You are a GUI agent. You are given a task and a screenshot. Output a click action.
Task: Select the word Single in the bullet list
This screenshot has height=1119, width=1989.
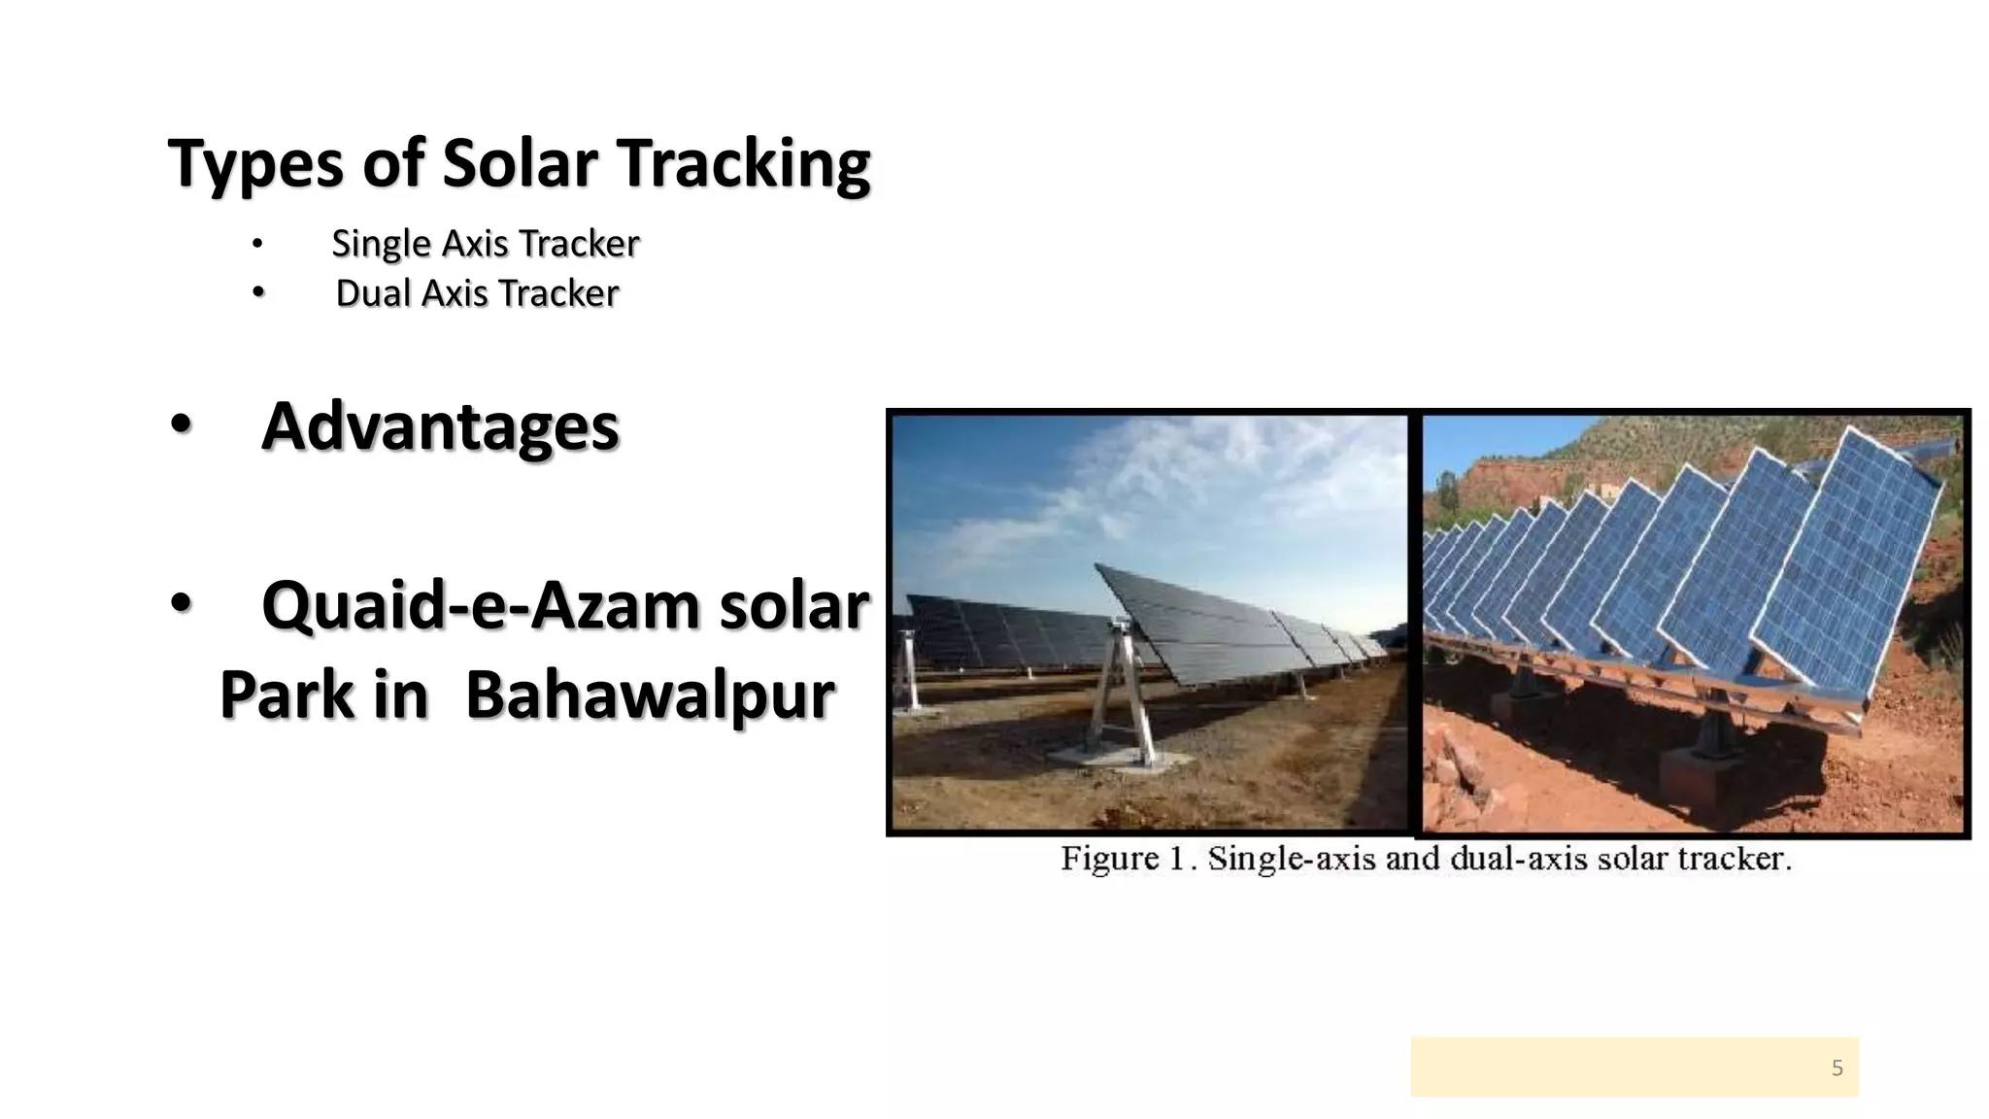[x=380, y=243]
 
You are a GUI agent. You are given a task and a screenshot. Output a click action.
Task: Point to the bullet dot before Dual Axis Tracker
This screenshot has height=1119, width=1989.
[x=257, y=292]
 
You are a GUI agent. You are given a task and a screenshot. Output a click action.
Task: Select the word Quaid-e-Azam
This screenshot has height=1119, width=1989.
[x=481, y=605]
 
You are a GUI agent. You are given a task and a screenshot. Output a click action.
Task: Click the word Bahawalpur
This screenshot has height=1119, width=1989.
[x=650, y=695]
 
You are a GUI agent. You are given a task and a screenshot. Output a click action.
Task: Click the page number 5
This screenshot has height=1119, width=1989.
[x=1837, y=1068]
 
